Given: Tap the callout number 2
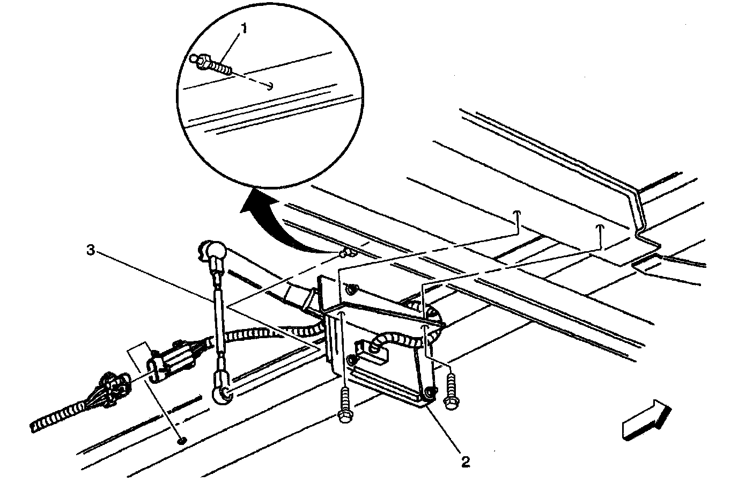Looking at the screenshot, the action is tap(465, 462).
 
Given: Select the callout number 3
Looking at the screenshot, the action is tap(91, 250).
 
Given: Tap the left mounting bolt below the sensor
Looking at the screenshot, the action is tap(345, 405).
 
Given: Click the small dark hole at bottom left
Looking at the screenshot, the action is tap(181, 441).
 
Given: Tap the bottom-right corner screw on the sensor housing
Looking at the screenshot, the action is tap(429, 392).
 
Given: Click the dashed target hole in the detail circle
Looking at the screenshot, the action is tap(270, 86).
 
